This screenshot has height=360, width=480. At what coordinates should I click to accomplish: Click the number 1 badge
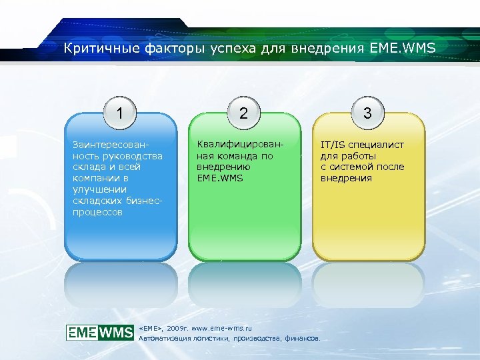(x=120, y=113)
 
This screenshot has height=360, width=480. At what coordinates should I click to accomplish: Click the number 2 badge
(x=244, y=113)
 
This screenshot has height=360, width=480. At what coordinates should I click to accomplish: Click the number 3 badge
(x=367, y=113)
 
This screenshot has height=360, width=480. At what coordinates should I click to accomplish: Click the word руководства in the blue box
(x=131, y=156)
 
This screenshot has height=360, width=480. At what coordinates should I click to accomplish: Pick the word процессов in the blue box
(x=97, y=213)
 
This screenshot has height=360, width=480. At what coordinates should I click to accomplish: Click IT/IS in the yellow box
(x=333, y=145)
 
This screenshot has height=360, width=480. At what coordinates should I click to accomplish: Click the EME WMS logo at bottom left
(x=100, y=333)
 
